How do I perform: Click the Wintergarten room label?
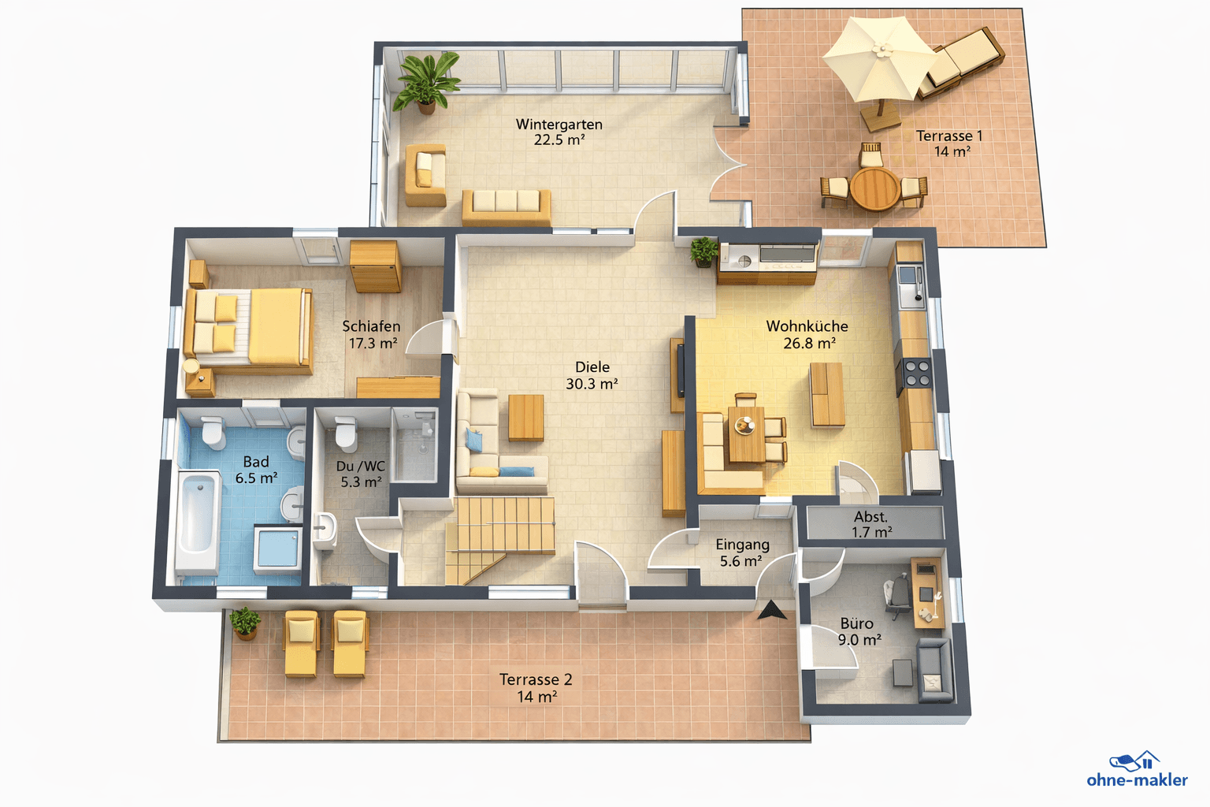559,125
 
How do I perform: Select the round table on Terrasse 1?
874,189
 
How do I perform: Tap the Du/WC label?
361,467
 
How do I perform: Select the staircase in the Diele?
496,528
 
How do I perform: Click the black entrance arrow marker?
771,610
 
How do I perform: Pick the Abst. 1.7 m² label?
871,524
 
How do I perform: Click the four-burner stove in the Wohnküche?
916,374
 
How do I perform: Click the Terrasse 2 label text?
536,679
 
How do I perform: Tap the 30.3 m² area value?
592,385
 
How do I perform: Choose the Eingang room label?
742,545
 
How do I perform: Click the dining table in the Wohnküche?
745,433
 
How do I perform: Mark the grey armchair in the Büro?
934,670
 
